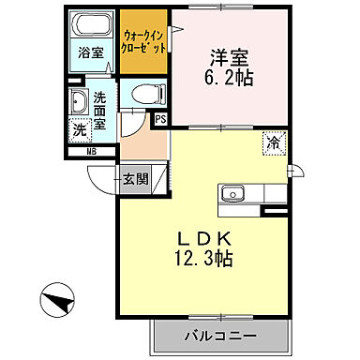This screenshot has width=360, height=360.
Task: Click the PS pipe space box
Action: pyautogui.click(x=160, y=119)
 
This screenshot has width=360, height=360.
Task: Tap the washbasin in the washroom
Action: pyautogui.click(x=76, y=102)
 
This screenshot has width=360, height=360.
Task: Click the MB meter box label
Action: pyautogui.click(x=91, y=152)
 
